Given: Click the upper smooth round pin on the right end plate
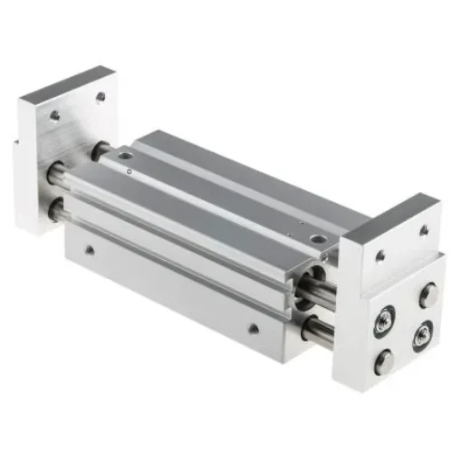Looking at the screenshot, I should click(428, 294).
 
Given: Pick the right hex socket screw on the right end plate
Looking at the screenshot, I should click(423, 338).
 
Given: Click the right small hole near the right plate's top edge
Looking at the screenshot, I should click(422, 232).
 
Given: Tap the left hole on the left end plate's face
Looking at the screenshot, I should click(54, 115).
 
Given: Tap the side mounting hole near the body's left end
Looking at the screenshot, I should click(89, 247).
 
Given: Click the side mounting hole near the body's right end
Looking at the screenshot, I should click(254, 327).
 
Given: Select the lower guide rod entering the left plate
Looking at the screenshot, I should click(56, 211).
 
